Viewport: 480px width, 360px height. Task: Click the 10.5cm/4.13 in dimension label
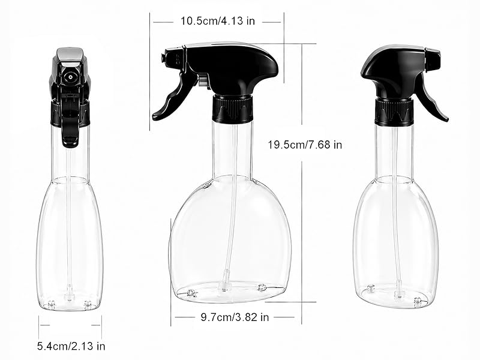(217, 21)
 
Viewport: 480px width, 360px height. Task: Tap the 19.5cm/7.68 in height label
(305, 145)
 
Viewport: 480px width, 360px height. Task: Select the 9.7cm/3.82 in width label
(235, 317)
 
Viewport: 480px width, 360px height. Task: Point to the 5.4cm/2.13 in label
(71, 346)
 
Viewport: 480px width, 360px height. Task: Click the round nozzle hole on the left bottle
(71, 77)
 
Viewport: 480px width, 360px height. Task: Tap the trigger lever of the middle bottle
(173, 98)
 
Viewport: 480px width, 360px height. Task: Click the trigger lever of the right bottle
(431, 98)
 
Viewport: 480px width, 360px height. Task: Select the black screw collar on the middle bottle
(233, 109)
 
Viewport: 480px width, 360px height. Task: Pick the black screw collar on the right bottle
(394, 112)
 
